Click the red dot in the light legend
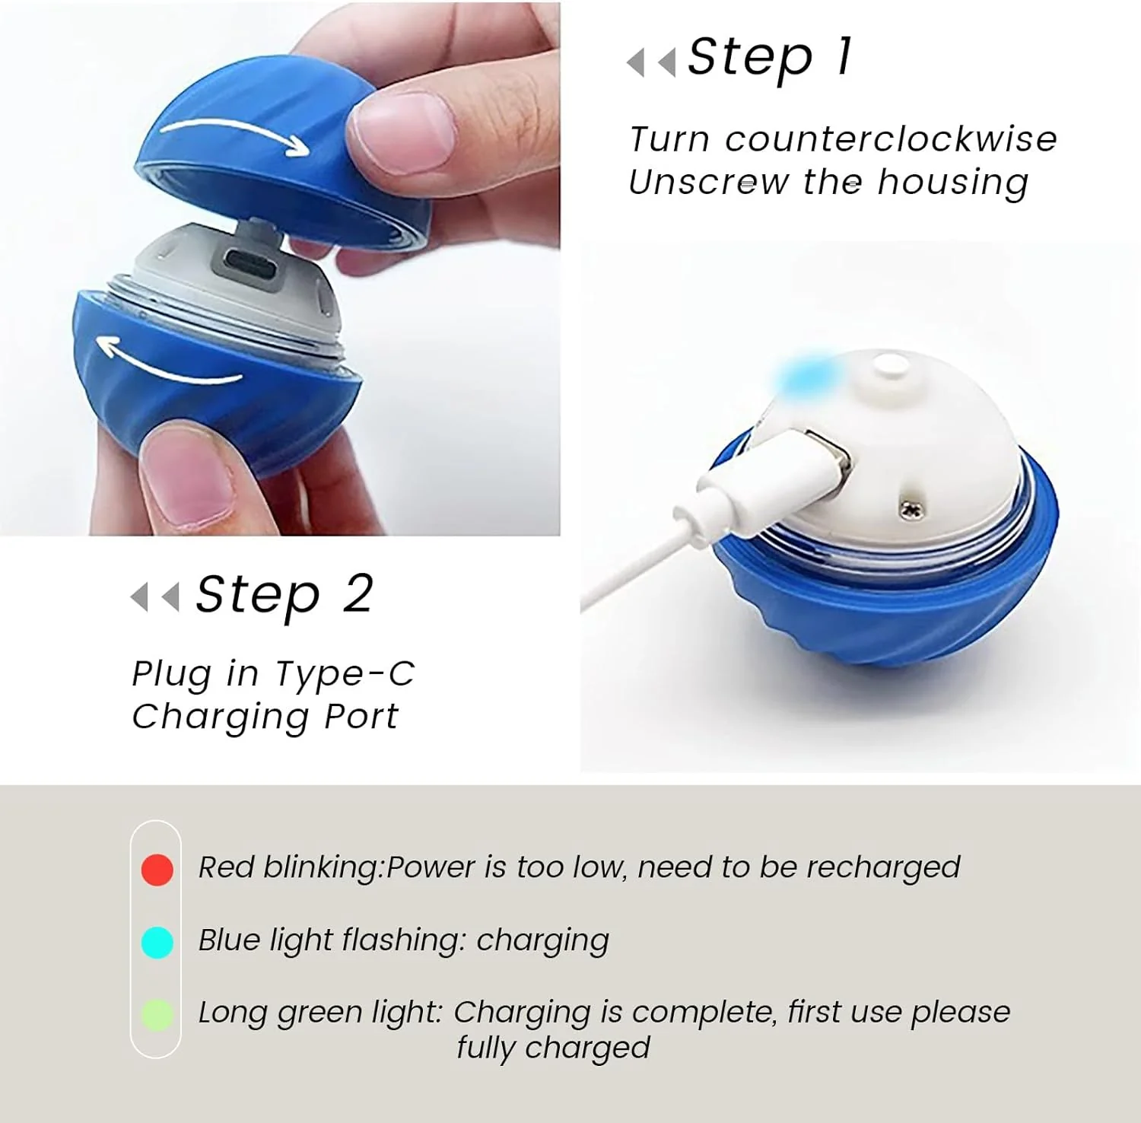(157, 869)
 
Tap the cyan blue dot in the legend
(157, 942)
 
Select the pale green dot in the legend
(157, 1015)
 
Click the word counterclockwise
(890, 139)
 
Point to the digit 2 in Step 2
(358, 593)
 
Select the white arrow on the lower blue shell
(171, 361)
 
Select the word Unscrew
(707, 183)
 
